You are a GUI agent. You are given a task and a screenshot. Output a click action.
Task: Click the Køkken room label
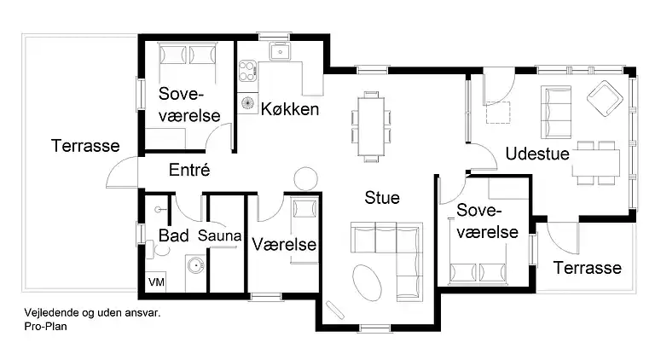point(290,109)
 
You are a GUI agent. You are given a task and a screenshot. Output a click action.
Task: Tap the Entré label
point(189,170)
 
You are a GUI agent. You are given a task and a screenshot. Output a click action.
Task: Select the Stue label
point(382,198)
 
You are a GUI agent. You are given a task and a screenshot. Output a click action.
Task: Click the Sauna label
point(220,235)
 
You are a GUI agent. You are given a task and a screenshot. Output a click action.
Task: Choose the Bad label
point(174,235)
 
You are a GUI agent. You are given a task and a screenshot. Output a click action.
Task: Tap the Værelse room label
point(285,245)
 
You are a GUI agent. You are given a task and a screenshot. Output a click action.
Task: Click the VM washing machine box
point(156,282)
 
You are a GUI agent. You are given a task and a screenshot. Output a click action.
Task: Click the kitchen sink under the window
point(278,52)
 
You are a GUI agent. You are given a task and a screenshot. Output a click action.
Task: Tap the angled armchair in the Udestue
point(605,98)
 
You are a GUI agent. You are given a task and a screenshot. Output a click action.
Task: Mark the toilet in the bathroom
point(151,248)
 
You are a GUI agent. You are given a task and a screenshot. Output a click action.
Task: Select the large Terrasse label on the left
point(85,146)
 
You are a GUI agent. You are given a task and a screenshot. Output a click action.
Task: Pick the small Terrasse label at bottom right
point(588,268)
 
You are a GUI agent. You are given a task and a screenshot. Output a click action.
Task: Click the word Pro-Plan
point(46,325)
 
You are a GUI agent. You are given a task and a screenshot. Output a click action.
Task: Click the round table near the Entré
point(305,179)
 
